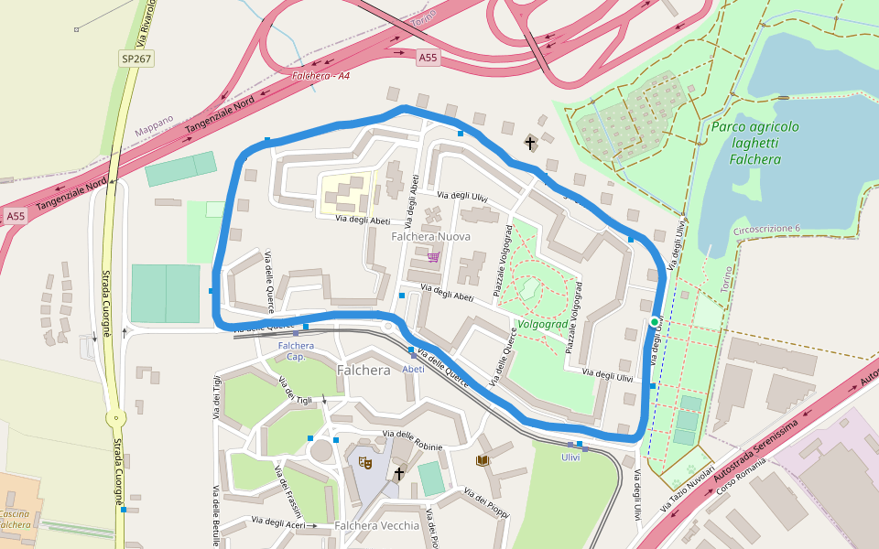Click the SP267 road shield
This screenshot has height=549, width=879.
point(136,59)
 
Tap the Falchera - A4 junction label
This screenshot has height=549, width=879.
point(320,75)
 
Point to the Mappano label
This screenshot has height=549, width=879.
point(154,125)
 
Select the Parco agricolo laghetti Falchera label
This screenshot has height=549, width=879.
point(755,143)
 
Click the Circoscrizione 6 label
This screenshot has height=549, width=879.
point(766,229)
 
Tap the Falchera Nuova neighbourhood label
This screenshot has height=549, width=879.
point(430,236)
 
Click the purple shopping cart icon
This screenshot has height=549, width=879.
point(433,257)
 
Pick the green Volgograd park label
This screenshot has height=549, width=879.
point(542,324)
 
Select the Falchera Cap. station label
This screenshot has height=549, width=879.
point(296,350)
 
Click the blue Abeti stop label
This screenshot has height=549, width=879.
point(413,369)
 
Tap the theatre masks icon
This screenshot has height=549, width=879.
point(364,464)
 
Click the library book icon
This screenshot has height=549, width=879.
point(483,460)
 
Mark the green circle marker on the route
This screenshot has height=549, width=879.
point(655,322)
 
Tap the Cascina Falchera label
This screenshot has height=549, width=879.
point(16,519)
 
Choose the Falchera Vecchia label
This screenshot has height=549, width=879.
point(376,525)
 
